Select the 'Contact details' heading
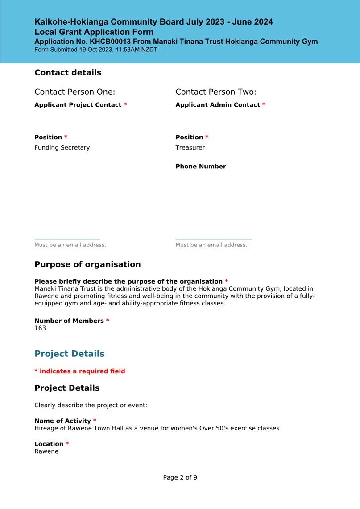coord(68,72)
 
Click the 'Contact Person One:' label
coord(74,92)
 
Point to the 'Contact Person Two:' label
coord(216,92)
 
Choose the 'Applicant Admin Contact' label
coord(218,105)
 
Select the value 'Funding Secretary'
coord(62,147)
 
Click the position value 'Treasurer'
coord(190,147)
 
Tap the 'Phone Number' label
coord(201,167)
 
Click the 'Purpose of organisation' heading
coord(87,264)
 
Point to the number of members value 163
coord(40,329)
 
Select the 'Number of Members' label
coord(69,321)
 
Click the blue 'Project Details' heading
coord(70,354)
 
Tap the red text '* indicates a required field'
coord(80,371)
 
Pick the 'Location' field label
coord(49,444)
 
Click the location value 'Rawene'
coord(46,451)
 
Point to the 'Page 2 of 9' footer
coord(180,477)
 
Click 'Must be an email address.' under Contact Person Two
coord(211,245)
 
